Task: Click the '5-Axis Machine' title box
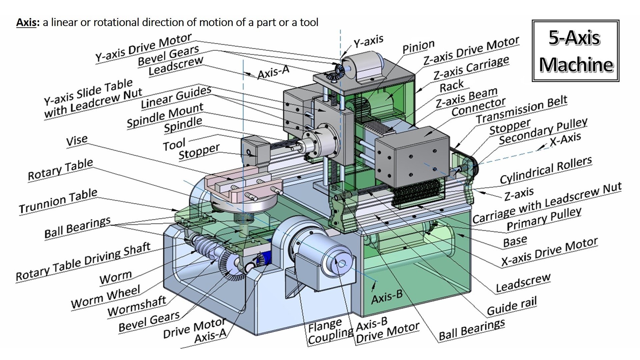coord(575,51)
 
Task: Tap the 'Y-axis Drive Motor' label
coord(143,48)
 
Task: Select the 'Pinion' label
coord(418,46)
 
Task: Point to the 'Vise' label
coord(77,140)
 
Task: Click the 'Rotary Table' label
coord(60,170)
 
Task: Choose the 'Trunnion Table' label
coord(58,201)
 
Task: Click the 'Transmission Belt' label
coord(521,109)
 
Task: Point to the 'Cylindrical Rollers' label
coord(546,170)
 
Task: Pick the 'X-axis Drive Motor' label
coord(549,252)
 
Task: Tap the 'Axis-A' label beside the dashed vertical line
coord(273,72)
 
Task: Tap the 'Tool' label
coord(174,144)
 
